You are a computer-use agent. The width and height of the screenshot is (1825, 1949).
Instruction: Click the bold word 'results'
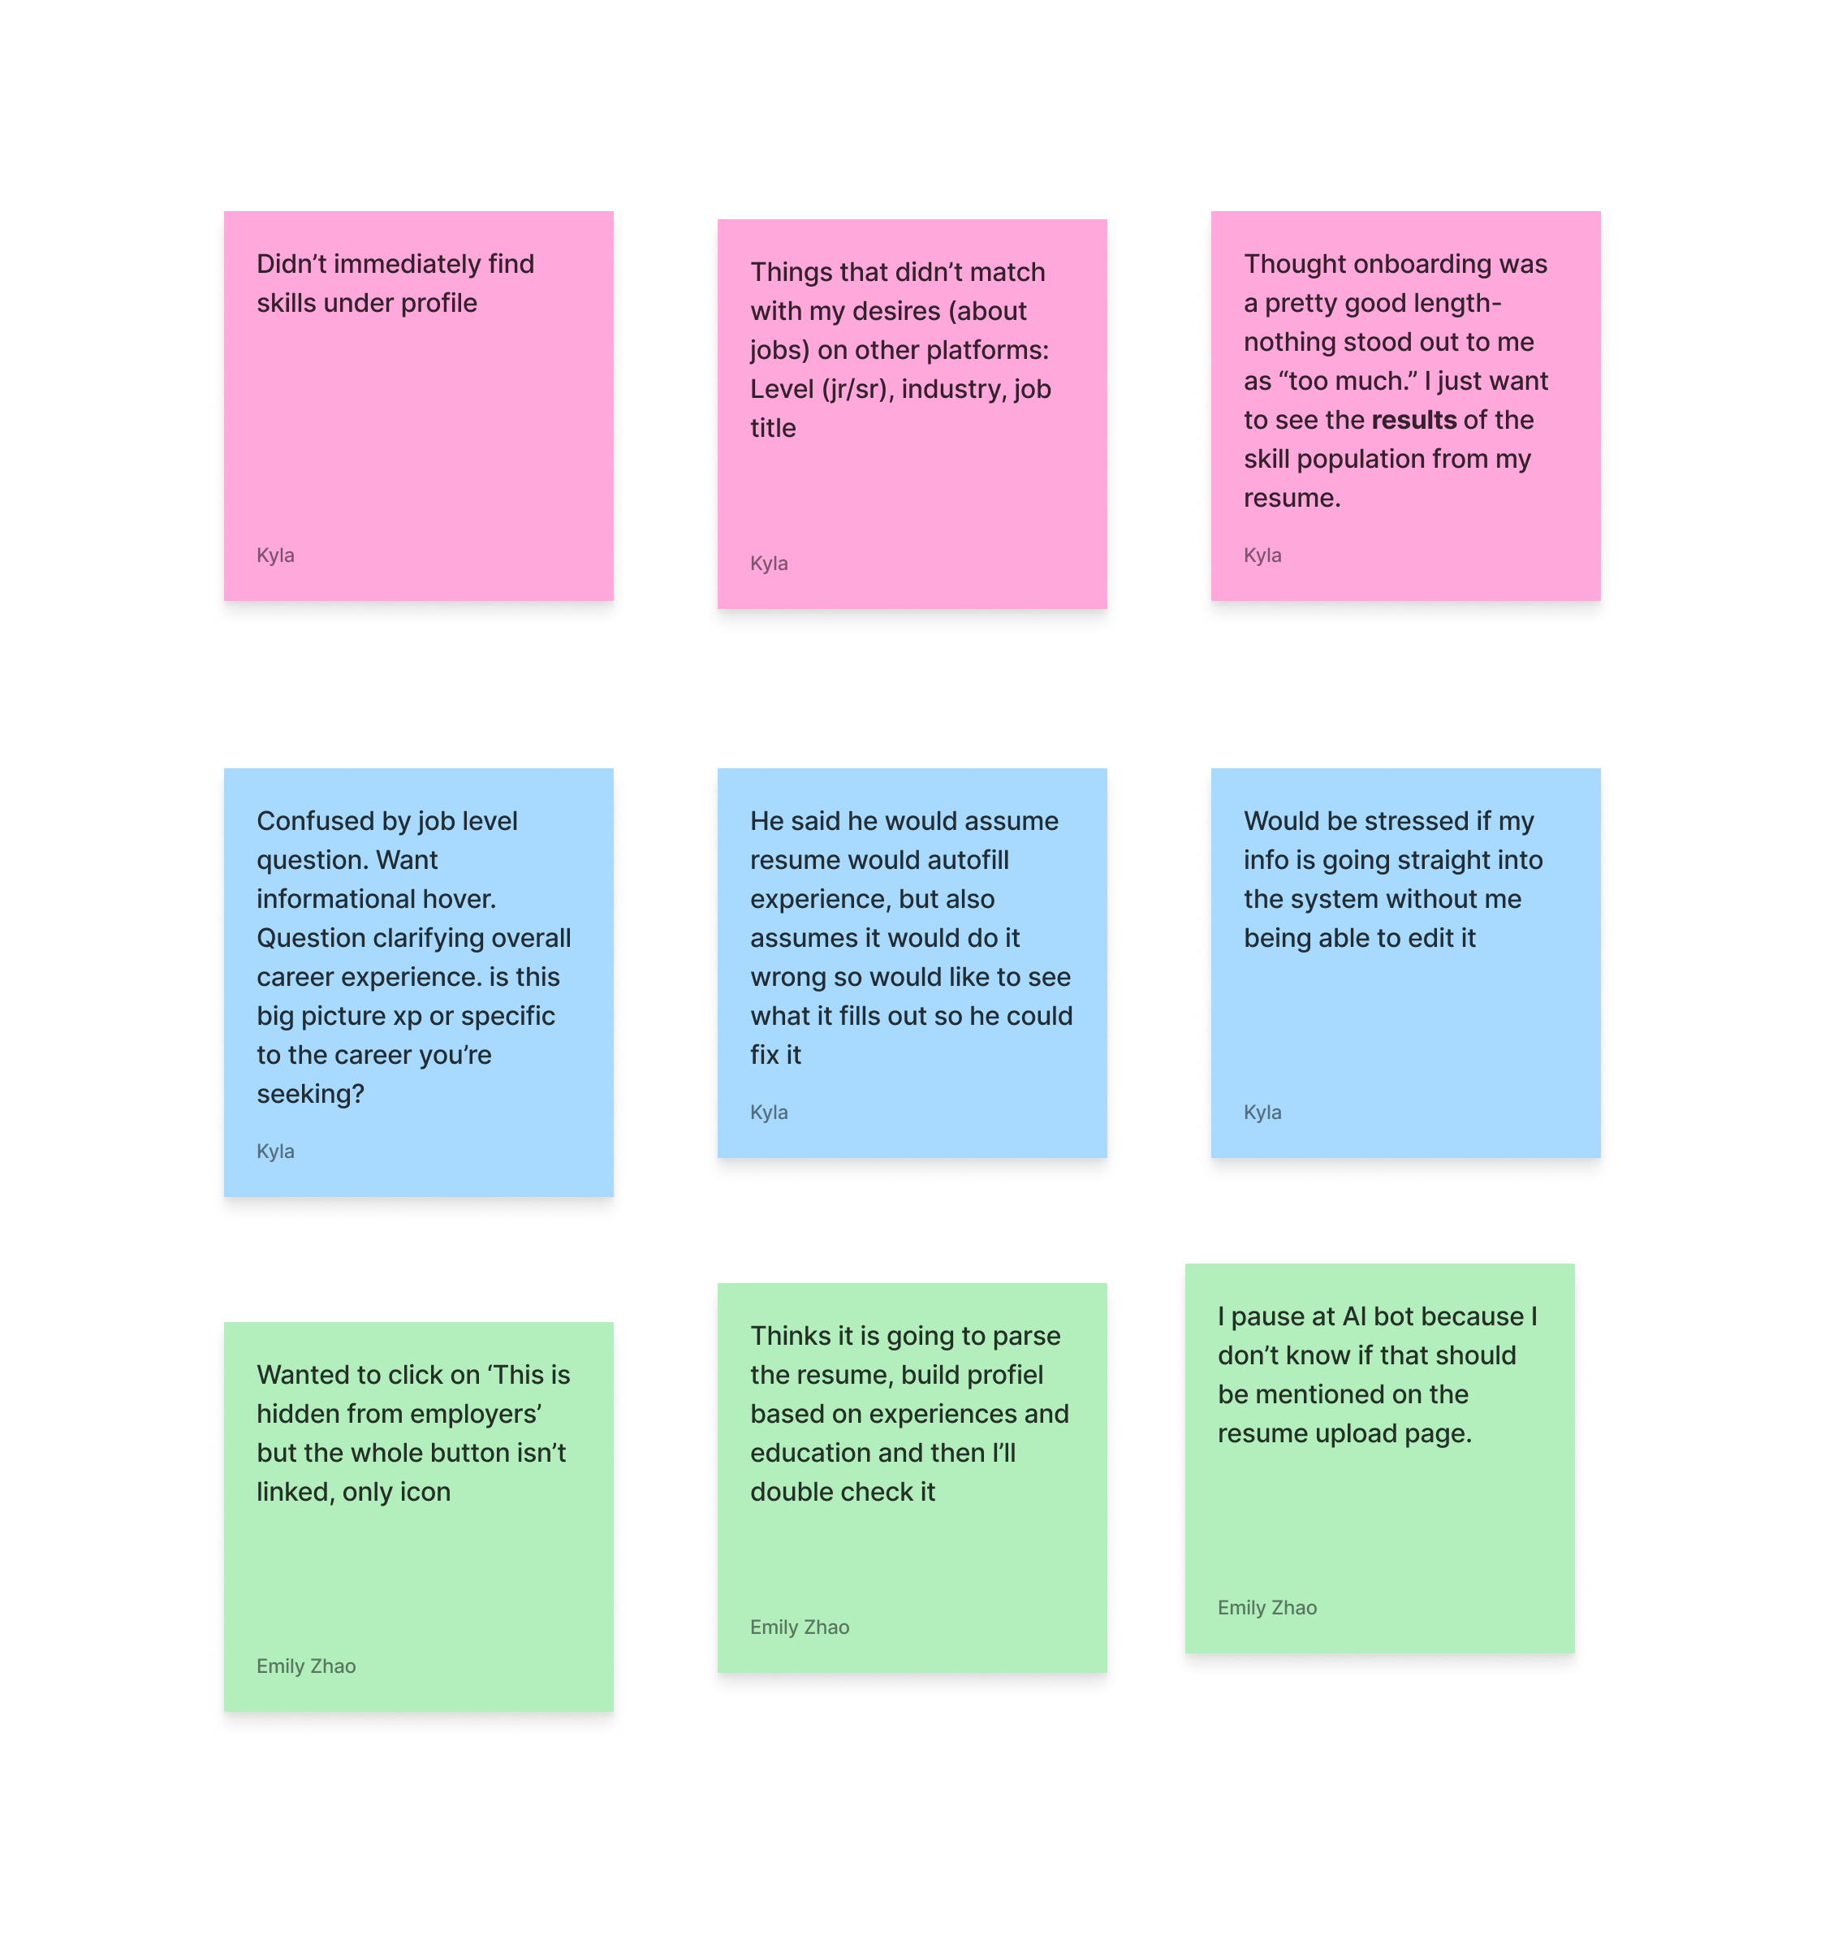1413,421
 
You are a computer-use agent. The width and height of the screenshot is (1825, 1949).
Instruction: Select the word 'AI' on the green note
1354,1316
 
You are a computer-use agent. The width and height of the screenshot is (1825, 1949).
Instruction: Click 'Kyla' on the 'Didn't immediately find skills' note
275,556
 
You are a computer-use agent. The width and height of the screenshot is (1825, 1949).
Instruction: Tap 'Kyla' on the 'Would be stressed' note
1262,1113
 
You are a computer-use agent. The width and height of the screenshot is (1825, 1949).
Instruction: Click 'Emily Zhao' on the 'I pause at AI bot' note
1266,1608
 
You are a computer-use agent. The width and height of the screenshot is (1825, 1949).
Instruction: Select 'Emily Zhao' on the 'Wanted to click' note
306,1666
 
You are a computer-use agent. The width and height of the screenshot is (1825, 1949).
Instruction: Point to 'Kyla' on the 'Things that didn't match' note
769,564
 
